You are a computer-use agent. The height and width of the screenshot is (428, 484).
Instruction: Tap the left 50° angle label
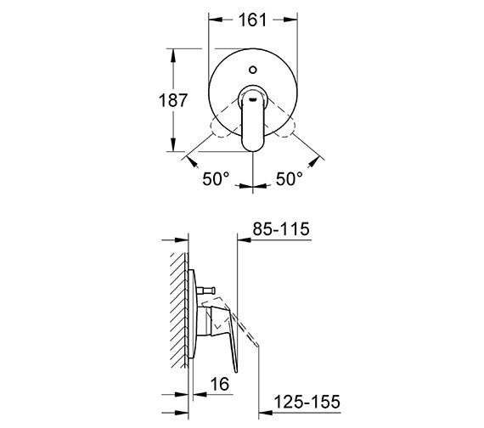(217, 179)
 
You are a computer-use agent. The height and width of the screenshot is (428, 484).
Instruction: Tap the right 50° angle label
(289, 179)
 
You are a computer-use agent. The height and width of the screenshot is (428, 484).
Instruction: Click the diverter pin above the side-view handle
(206, 293)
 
